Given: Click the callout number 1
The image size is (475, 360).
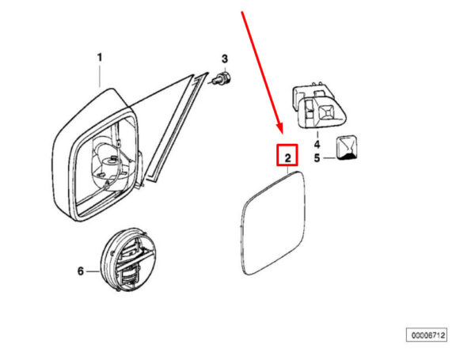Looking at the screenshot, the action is (100, 57).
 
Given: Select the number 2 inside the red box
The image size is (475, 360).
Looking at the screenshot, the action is (287, 157).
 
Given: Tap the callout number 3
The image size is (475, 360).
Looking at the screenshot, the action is (224, 59).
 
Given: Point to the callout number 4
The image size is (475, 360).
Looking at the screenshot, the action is (316, 145).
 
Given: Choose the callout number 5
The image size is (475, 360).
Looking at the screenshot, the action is (316, 158).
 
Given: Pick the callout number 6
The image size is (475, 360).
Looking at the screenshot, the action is (80, 271).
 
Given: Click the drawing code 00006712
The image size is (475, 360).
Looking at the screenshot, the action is (427, 335).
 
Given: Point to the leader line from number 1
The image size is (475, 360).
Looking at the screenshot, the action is (101, 75).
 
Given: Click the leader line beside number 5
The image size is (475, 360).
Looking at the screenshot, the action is (327, 158).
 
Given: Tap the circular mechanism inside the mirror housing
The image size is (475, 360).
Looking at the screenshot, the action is (110, 162).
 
